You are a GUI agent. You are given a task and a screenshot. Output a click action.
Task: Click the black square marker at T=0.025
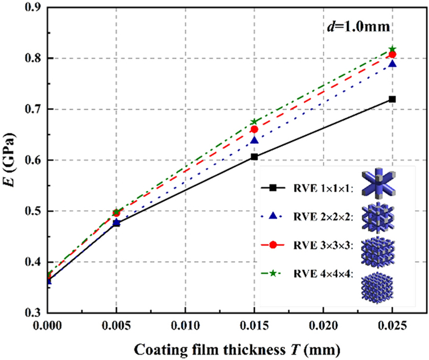point(392,99)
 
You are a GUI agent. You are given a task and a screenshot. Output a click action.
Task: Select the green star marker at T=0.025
point(392,49)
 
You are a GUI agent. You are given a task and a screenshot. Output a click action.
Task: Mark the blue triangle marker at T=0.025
point(392,64)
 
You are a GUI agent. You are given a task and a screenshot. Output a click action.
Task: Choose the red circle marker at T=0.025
point(392,55)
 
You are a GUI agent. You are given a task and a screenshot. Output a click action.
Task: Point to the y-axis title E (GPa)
point(10,160)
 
